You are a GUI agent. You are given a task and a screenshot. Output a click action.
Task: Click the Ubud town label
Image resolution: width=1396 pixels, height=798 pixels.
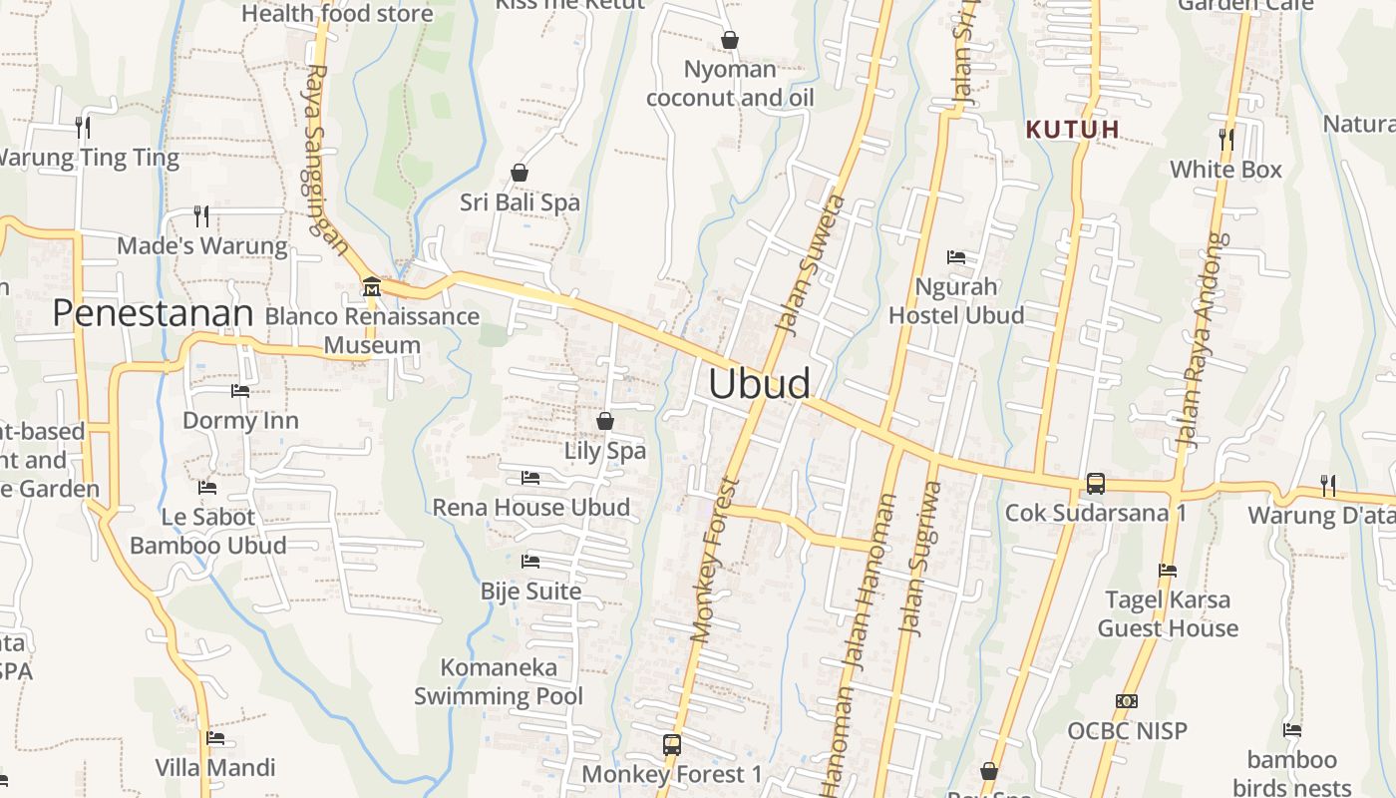click(759, 384)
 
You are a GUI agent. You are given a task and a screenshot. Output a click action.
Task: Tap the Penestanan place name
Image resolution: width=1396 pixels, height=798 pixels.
click(153, 313)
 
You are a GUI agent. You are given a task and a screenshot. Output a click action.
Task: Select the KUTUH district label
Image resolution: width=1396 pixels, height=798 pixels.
click(1073, 130)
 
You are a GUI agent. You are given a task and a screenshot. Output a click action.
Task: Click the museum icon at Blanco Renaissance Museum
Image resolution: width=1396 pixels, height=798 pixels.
click(372, 287)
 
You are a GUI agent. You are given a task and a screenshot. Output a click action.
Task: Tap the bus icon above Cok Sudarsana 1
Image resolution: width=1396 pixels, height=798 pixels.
click(1095, 484)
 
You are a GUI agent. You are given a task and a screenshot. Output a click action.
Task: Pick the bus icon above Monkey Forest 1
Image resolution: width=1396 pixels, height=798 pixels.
click(672, 744)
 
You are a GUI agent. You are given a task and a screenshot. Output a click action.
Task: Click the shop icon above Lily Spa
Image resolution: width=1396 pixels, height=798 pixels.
click(604, 422)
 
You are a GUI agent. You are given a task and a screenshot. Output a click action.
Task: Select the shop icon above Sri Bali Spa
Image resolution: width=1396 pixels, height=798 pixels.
click(520, 174)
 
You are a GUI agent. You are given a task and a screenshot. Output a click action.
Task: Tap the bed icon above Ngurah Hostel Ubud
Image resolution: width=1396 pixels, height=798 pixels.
click(956, 257)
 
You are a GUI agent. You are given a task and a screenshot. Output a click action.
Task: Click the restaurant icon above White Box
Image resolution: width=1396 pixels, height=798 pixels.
click(1226, 140)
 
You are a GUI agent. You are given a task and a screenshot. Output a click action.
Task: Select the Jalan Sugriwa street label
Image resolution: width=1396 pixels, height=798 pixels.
click(919, 559)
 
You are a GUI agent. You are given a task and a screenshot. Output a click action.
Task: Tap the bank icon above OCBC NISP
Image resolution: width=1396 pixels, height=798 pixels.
click(1127, 701)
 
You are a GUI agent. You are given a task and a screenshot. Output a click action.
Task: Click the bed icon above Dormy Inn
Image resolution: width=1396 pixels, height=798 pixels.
click(240, 391)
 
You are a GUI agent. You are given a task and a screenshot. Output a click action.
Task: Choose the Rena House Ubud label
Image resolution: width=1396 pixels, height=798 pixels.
click(530, 508)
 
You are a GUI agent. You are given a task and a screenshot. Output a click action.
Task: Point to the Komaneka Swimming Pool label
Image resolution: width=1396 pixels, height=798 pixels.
click(499, 681)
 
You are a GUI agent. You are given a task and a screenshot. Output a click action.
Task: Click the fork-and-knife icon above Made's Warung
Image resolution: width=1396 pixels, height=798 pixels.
click(201, 216)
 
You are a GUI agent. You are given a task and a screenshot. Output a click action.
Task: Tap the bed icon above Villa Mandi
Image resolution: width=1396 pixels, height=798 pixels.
click(215, 739)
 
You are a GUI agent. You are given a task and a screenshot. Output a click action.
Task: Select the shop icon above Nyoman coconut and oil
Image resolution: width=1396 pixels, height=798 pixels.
click(730, 40)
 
